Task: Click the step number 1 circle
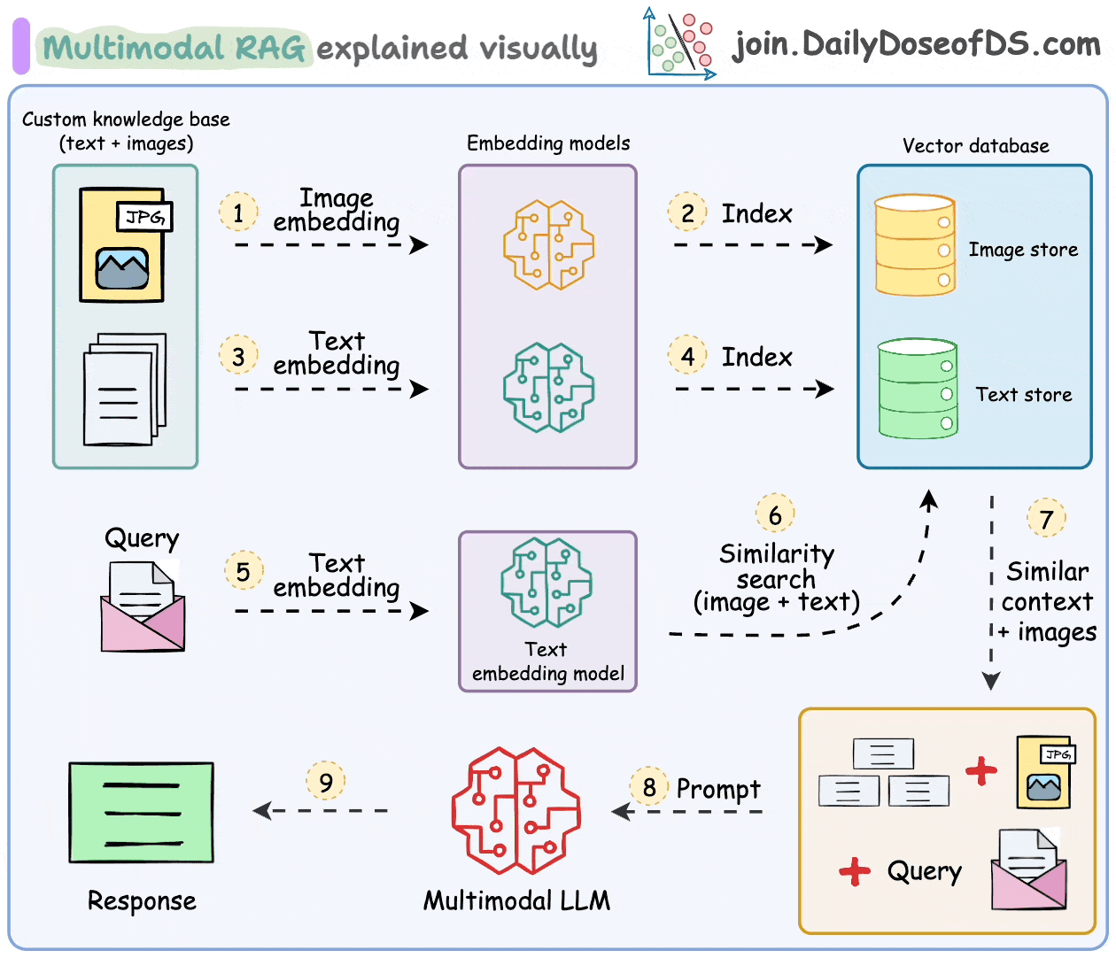(x=238, y=212)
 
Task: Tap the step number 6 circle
(x=775, y=514)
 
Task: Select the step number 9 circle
(x=326, y=782)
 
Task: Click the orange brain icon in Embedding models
(x=547, y=244)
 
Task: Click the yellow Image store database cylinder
(x=915, y=245)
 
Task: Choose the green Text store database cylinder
(x=918, y=389)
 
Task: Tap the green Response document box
(x=142, y=812)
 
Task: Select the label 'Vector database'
(x=975, y=146)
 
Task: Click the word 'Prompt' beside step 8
(x=718, y=789)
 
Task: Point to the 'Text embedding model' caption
(x=547, y=661)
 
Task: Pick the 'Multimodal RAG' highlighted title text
(x=174, y=48)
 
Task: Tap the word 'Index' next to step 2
(x=756, y=213)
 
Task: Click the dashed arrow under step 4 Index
(x=754, y=389)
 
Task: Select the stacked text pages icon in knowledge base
(x=125, y=389)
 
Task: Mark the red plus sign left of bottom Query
(x=855, y=871)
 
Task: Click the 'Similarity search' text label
(x=776, y=567)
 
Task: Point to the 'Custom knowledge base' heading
(x=126, y=120)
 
